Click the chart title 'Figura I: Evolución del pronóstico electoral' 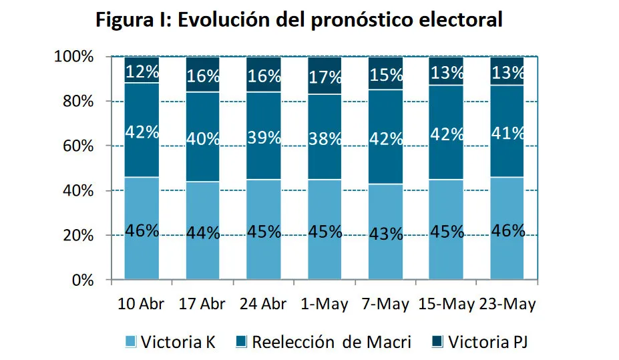click(298, 19)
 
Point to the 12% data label click(142, 71)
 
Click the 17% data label click(325, 77)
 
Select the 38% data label click(325, 140)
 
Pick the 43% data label click(385, 234)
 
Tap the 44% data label click(203, 233)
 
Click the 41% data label click(507, 133)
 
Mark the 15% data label click(385, 75)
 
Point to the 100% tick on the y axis click(73, 57)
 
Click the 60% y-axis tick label click(77, 146)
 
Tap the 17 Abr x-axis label click(203, 304)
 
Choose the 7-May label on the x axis click(385, 304)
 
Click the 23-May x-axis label click(507, 304)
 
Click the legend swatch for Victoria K click(131, 343)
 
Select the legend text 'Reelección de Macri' click(331, 343)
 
